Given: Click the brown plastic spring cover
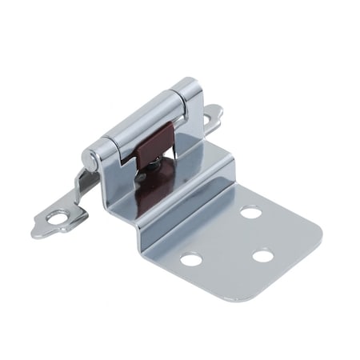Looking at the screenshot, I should coord(158,145).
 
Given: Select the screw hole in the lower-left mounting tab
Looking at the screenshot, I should coord(58,214).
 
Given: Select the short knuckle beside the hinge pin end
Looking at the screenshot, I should coord(104,152).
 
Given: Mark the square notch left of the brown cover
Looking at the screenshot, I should coord(128,158).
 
